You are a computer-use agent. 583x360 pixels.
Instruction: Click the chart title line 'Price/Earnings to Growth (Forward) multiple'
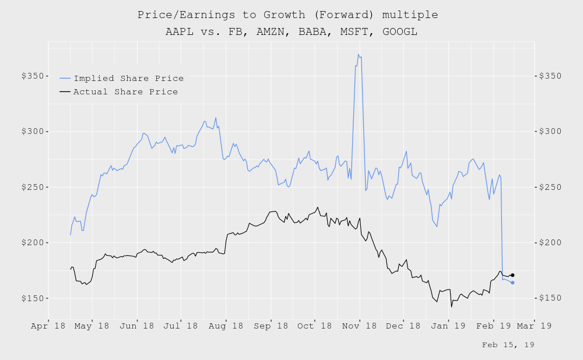[287, 15]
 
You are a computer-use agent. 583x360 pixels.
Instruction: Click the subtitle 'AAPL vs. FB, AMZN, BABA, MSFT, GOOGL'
[291, 31]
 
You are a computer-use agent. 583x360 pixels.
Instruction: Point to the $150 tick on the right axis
[550, 298]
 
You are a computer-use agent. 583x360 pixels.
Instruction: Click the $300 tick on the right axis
[550, 132]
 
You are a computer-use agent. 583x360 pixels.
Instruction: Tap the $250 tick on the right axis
[550, 187]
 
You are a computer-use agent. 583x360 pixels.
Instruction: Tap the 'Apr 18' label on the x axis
[48, 327]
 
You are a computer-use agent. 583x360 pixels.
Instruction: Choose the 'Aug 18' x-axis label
[226, 327]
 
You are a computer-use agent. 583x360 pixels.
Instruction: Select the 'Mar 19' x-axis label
[534, 327]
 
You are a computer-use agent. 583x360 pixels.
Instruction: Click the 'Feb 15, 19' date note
[508, 345]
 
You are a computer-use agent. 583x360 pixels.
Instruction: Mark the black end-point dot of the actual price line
[512, 275]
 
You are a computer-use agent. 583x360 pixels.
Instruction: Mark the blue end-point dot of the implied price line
[512, 283]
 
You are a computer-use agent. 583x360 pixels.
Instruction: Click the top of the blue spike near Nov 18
[359, 55]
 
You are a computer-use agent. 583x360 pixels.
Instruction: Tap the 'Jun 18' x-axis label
[136, 327]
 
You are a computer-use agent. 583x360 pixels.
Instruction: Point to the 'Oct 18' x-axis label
[315, 327]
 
